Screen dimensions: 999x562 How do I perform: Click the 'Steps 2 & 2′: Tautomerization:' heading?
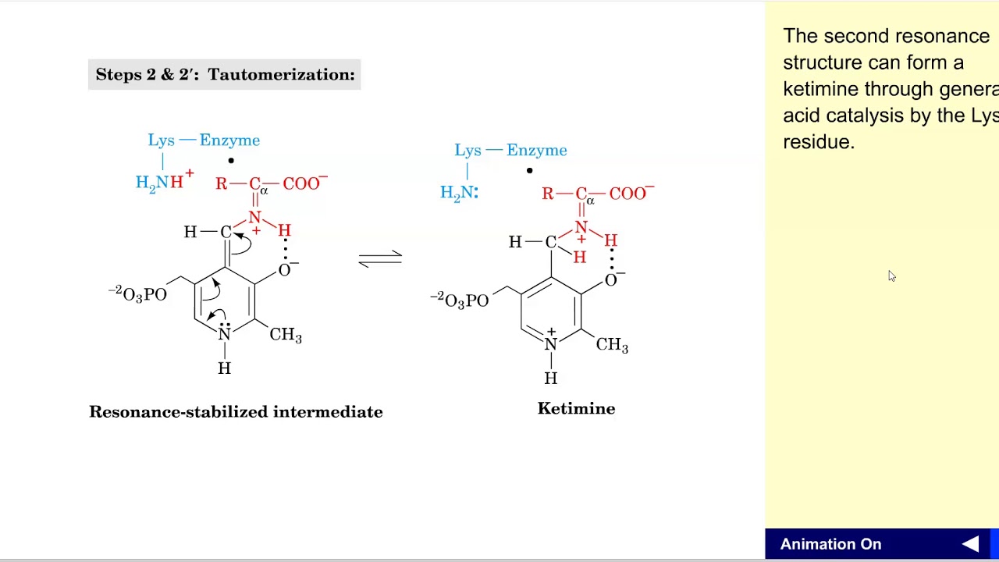[x=225, y=75]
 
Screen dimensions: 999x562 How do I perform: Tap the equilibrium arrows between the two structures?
[x=380, y=259]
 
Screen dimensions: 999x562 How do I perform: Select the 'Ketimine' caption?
[x=576, y=409]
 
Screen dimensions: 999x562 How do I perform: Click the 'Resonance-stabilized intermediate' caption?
[x=236, y=412]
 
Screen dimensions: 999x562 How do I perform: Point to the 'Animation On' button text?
[x=830, y=545]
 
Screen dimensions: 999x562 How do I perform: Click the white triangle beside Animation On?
[x=970, y=545]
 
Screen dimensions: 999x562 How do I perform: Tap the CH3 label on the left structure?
[x=286, y=335]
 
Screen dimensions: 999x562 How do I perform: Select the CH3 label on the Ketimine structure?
[x=612, y=345]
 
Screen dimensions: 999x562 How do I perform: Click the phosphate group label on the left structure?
[x=137, y=294]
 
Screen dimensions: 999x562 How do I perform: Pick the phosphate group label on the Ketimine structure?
[x=460, y=301]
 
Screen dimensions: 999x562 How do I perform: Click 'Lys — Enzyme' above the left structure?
[x=204, y=140]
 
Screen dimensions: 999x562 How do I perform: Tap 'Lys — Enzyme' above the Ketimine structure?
[x=510, y=151]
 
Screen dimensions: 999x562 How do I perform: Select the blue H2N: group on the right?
[x=459, y=193]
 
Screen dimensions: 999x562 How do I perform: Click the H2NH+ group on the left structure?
[x=164, y=182]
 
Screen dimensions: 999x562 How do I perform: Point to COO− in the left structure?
[x=304, y=183]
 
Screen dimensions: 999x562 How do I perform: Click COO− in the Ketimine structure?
[x=631, y=194]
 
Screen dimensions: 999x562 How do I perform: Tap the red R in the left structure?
[x=221, y=184]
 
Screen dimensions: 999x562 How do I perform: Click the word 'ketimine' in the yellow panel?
[x=819, y=89]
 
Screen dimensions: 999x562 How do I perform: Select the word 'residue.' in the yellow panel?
[x=819, y=142]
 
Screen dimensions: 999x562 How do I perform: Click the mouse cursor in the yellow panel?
[x=891, y=276]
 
